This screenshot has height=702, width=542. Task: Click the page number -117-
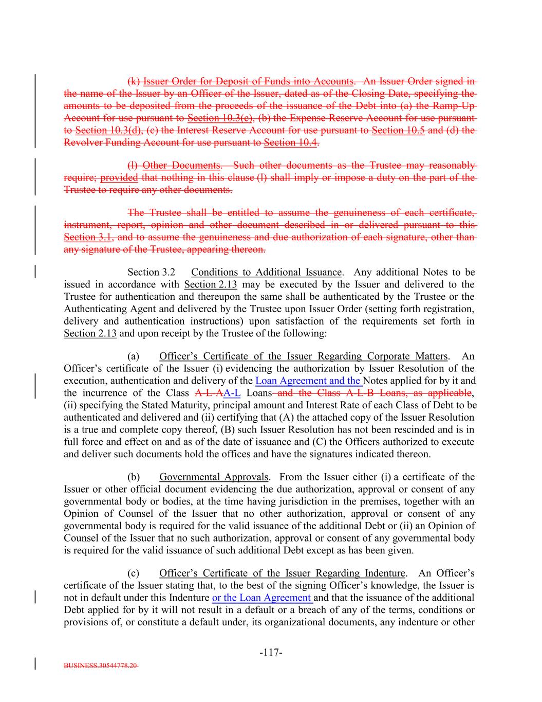coord(271,653)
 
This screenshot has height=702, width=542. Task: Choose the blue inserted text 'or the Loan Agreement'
coord(262,598)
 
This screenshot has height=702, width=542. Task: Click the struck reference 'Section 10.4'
coord(290,142)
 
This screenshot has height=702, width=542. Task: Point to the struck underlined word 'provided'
coord(119,177)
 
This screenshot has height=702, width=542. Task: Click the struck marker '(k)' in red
coord(134,81)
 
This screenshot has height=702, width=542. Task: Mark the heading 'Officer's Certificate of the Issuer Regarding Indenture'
coord(283,573)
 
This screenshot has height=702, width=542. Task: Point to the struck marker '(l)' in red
coord(133,165)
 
